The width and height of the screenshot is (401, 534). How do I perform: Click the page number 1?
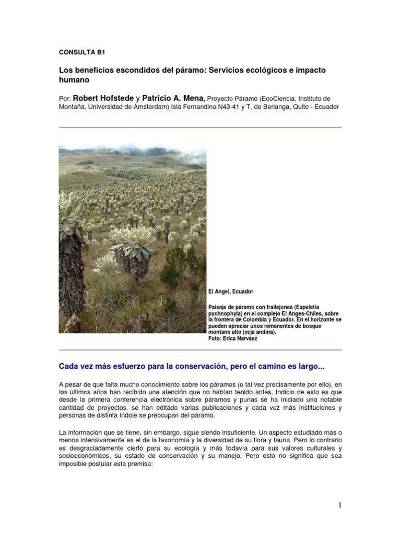point(339,505)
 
